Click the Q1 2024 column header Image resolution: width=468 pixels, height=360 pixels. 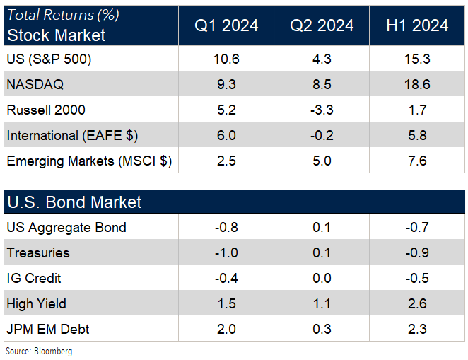point(226,26)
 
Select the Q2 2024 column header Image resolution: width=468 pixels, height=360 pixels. point(322,26)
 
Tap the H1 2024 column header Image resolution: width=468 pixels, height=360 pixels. point(417,26)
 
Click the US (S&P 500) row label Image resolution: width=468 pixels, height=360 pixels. point(49,59)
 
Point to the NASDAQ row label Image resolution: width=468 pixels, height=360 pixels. point(35,85)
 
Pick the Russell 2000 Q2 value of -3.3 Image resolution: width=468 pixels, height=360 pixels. point(322,110)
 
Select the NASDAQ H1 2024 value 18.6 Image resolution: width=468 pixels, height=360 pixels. point(417,85)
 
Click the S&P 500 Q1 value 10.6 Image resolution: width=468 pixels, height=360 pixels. point(226,59)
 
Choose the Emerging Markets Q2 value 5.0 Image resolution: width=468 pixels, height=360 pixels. point(322,161)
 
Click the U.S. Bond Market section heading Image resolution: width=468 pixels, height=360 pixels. point(74,202)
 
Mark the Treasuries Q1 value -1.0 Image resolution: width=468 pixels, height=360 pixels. point(226,253)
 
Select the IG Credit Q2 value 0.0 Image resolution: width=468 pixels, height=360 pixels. point(322,279)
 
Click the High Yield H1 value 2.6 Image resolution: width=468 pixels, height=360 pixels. point(417,304)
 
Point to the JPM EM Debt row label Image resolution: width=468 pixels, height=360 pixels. point(48,330)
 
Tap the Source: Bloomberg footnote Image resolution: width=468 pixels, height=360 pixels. point(40,351)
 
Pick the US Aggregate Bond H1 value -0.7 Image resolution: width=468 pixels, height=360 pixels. point(417,228)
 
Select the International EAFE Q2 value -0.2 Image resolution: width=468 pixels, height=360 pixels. point(322,135)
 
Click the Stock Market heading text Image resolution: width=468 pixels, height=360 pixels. point(57,35)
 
